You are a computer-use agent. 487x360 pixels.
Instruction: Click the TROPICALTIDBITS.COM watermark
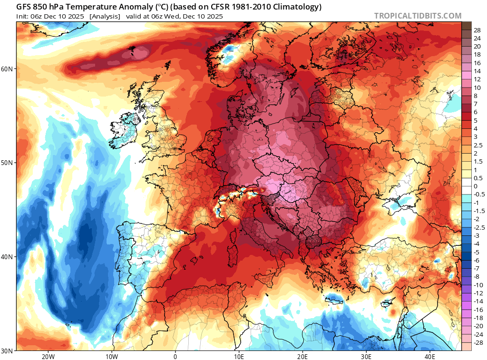tap(418, 16)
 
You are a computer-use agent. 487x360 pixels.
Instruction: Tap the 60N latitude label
tap(8, 69)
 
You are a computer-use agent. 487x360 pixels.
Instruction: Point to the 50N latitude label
tap(8, 163)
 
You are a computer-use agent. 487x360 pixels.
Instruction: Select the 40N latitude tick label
tap(8, 257)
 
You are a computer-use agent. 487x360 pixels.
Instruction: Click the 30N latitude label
tap(8, 351)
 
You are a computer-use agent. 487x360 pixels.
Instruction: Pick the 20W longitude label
tap(48, 357)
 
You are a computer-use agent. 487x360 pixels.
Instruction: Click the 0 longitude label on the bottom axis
tap(175, 357)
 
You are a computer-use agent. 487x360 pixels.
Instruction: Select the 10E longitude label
tap(239, 357)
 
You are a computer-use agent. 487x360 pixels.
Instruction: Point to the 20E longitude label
tap(302, 357)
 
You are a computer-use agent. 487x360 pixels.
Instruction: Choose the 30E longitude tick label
tap(366, 357)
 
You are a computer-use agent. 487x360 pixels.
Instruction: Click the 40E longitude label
tap(430, 357)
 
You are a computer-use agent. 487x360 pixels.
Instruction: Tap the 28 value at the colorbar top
tap(477, 30)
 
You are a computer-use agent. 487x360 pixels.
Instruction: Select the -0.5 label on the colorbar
tap(479, 194)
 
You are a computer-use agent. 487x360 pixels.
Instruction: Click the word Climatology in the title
tap(295, 7)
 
